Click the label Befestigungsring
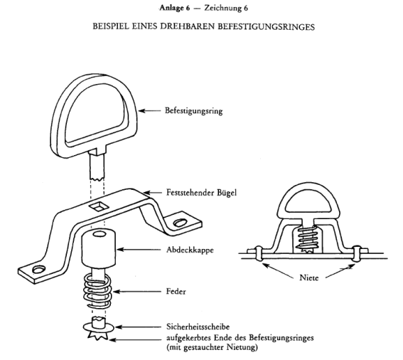point(194,111)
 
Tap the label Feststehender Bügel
point(201,193)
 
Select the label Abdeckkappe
point(190,250)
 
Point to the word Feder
point(176,291)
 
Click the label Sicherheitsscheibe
point(198,327)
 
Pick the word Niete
point(309,277)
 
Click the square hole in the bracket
point(98,206)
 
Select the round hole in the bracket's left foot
point(39,269)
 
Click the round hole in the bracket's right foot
point(180,223)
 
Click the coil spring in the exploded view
point(97,291)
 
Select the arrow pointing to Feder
point(136,292)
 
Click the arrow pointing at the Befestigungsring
point(149,111)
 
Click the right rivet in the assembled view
point(356,254)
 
